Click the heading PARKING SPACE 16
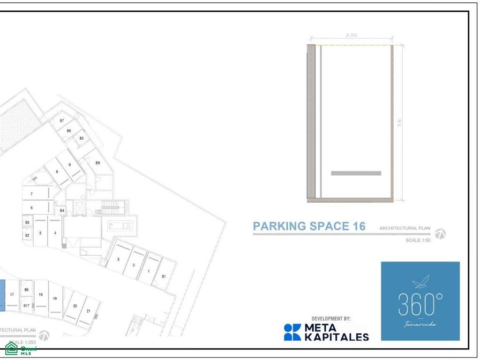pos(309,226)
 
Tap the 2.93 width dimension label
pos(351,35)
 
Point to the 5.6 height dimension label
pos(400,123)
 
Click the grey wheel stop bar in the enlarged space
pos(356,173)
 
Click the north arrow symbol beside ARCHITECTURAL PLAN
pos(440,234)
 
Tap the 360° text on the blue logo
pos(420,305)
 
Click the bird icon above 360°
pos(420,283)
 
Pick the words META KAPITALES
pos(337,332)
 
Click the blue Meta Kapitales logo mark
pos(292,332)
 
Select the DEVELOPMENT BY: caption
pos(331,319)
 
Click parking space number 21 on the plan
pos(89,311)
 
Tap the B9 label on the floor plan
pos(97,163)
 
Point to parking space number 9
pos(69,165)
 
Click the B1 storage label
pos(164,277)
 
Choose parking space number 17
pos(12,294)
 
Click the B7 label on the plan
pos(61,121)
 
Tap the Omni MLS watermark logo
pos(21,349)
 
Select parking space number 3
pos(118,259)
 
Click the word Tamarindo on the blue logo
pos(420,324)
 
